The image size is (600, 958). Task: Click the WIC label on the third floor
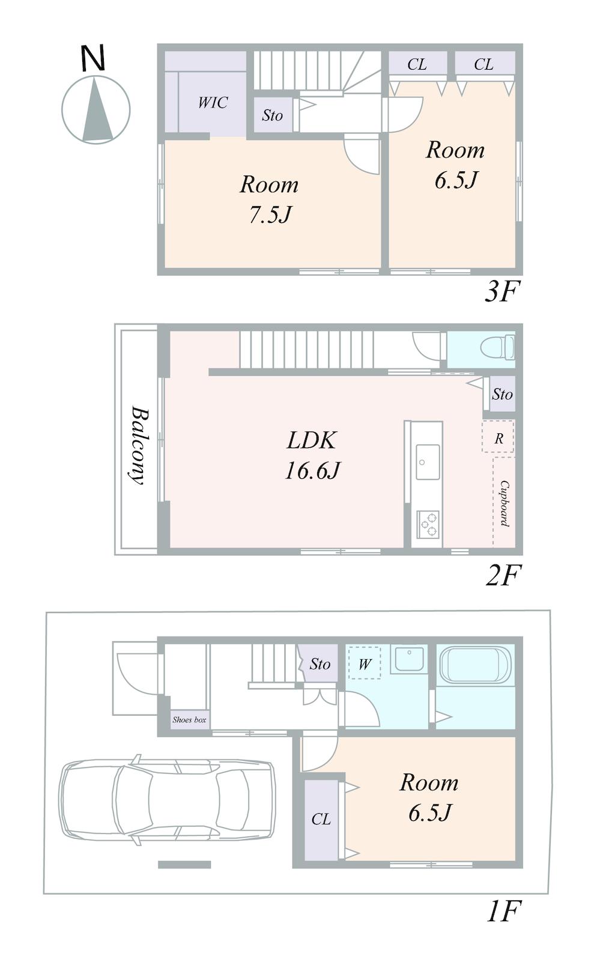213,103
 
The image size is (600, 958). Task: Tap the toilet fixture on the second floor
498,347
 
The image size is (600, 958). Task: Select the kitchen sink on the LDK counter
428,462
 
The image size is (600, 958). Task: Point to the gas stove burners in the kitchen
428,524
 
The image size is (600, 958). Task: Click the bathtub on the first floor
475,665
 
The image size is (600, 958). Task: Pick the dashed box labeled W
365,663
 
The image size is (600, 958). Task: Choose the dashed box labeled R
498,436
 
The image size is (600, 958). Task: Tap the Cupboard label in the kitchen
505,504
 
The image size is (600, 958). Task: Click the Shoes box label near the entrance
189,720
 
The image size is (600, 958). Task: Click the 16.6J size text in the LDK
312,471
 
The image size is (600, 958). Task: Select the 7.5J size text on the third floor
270,215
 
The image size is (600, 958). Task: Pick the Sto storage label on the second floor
502,394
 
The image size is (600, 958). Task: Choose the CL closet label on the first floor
321,819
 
